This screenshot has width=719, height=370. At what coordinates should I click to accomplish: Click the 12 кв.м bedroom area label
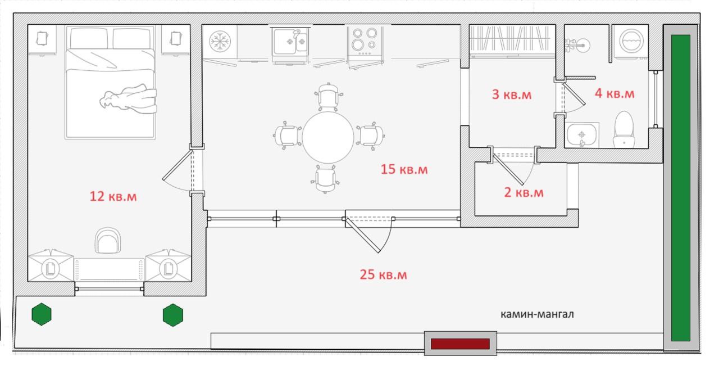(x=113, y=196)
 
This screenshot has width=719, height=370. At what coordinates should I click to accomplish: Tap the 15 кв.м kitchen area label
(x=404, y=169)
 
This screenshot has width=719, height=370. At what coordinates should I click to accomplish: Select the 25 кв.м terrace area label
(x=383, y=274)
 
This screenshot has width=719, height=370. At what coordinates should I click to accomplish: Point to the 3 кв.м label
(x=512, y=94)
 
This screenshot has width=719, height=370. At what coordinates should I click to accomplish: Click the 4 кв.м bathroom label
(x=615, y=93)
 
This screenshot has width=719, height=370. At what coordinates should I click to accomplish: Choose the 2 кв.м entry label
(x=524, y=192)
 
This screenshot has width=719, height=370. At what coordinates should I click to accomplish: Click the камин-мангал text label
(x=538, y=314)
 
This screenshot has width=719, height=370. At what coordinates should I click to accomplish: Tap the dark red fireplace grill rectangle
(x=460, y=344)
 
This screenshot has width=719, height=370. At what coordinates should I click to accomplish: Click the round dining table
(x=327, y=137)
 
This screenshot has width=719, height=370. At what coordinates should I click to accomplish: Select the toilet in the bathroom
(x=624, y=130)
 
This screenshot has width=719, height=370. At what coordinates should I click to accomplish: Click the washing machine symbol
(x=631, y=41)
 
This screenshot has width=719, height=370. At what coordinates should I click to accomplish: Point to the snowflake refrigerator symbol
(x=220, y=42)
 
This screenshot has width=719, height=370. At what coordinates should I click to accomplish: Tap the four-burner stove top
(x=365, y=41)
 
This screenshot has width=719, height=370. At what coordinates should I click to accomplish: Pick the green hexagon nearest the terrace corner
(x=42, y=314)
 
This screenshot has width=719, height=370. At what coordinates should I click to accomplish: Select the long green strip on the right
(x=680, y=188)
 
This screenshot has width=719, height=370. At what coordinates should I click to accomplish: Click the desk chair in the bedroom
(x=108, y=241)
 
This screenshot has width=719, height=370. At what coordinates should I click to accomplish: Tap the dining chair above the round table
(x=328, y=96)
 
